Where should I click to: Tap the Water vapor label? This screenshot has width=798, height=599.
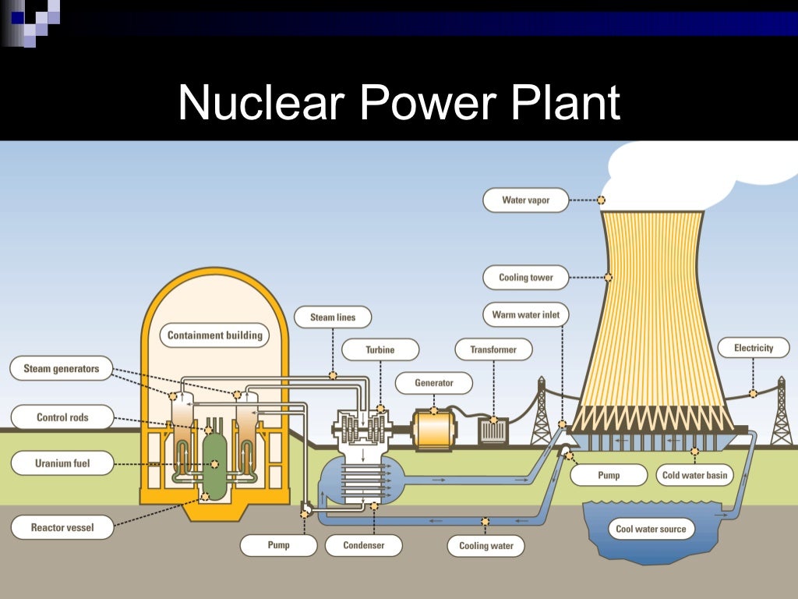tap(525, 200)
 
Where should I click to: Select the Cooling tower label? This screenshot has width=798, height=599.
tap(526, 278)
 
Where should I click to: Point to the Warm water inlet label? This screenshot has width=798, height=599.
tap(526, 316)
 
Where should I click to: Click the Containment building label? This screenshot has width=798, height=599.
tap(215, 336)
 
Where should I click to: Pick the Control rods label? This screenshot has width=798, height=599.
tap(62, 417)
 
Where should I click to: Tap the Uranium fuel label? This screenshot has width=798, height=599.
tap(62, 464)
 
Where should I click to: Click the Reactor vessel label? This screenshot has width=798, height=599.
tap(62, 528)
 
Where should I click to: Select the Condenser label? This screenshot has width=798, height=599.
tap(364, 545)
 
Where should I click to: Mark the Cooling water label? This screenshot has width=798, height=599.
tap(486, 545)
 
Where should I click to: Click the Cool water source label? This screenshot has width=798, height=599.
tap(651, 529)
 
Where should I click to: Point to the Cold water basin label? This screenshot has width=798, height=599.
tap(694, 475)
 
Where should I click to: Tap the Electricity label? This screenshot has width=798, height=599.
tap(753, 348)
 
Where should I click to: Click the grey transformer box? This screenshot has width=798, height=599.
tap(493, 431)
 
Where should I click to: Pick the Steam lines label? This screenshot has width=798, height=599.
tap(333, 317)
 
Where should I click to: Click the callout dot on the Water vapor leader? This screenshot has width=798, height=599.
tap(601, 200)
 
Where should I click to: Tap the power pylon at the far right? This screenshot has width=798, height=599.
tap(780, 413)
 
